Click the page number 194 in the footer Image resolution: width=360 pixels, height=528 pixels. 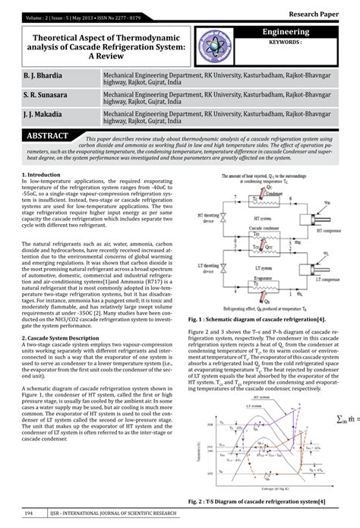click(29, 514)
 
